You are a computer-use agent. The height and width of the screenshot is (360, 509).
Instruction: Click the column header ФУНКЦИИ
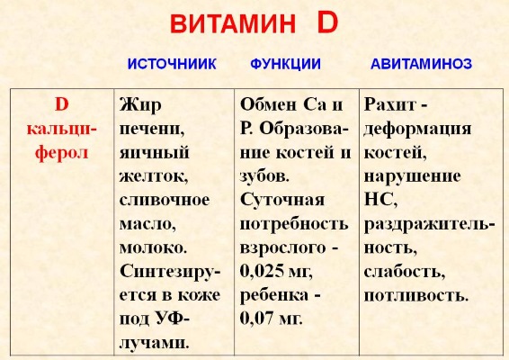click(x=283, y=66)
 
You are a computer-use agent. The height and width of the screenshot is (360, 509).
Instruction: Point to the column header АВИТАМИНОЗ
click(x=422, y=66)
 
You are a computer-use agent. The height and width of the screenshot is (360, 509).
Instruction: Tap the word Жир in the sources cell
click(x=135, y=104)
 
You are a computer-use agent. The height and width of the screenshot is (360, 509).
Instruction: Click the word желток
click(x=149, y=175)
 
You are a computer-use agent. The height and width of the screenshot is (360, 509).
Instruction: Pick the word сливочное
click(x=164, y=198)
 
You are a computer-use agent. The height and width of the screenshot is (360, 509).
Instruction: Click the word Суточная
click(x=282, y=198)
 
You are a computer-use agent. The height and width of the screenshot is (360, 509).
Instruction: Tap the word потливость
click(x=415, y=293)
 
